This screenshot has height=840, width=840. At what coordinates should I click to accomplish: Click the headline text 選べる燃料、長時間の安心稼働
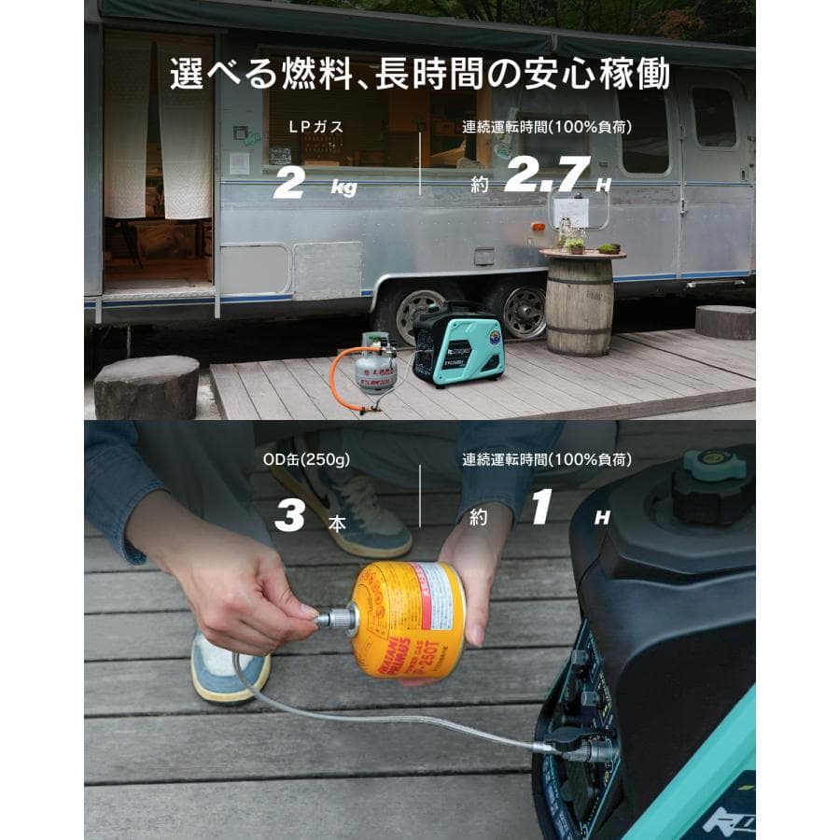[x=419, y=74]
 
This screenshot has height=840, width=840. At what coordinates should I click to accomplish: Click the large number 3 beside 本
[x=290, y=516]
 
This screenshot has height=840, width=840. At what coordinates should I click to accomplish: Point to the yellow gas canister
[x=408, y=619]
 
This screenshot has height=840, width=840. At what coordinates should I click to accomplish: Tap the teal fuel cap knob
[x=714, y=463]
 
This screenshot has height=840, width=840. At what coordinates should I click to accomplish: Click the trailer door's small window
[x=713, y=117]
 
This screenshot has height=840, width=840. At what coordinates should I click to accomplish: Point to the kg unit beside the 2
[x=343, y=188]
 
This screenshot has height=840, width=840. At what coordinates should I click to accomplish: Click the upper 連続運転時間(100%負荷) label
[x=546, y=128]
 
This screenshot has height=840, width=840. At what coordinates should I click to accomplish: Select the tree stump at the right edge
[x=725, y=321]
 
